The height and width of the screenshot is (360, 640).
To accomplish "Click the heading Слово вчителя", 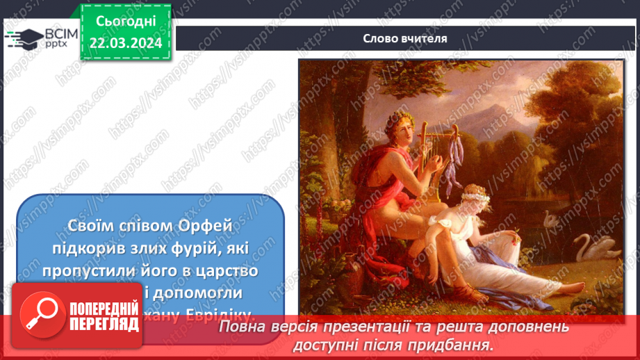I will click(x=404, y=38).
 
